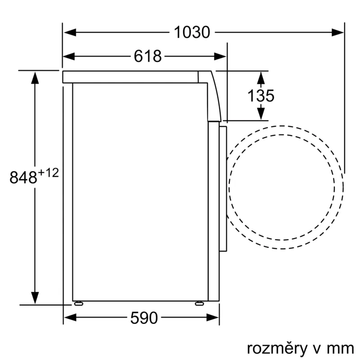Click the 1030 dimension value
192,32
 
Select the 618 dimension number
148,56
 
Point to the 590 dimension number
144,319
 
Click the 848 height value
23,178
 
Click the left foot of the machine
79,303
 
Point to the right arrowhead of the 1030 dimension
338,32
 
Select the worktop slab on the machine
130,77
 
